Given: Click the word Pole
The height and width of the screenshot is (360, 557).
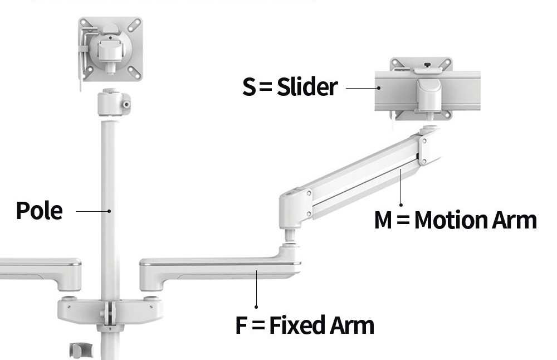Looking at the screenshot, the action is [x=40, y=211].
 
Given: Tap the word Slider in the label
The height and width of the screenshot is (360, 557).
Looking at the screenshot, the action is [x=307, y=86].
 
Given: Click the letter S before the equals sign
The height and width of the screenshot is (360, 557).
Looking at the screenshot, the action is [x=248, y=87].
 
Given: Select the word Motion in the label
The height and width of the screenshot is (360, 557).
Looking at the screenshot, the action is [x=451, y=220].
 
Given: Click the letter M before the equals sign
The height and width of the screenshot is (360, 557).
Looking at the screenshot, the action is [x=383, y=220].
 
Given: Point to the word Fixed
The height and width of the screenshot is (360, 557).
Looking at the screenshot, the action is [x=297, y=324].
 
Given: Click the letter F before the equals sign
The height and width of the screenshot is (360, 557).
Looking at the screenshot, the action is [x=241, y=325].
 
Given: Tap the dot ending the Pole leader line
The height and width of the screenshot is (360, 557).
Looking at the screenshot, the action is [x=109, y=211].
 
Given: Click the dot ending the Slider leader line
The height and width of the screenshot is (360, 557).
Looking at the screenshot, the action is [x=379, y=88].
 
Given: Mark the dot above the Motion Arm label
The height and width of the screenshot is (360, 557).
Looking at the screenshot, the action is [x=401, y=205].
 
